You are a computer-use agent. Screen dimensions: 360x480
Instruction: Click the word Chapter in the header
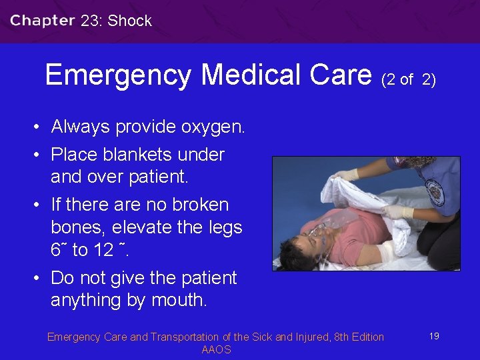pyautogui.click(x=42, y=20)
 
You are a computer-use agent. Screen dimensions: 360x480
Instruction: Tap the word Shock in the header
pyautogui.click(x=130, y=21)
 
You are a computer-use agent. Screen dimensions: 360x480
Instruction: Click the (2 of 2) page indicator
pyautogui.click(x=408, y=80)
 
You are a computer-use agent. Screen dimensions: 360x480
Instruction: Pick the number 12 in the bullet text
pyautogui.click(x=102, y=250)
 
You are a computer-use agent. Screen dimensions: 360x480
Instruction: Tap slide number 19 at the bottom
pyautogui.click(x=434, y=336)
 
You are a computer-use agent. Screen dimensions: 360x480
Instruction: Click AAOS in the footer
pyautogui.click(x=216, y=350)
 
